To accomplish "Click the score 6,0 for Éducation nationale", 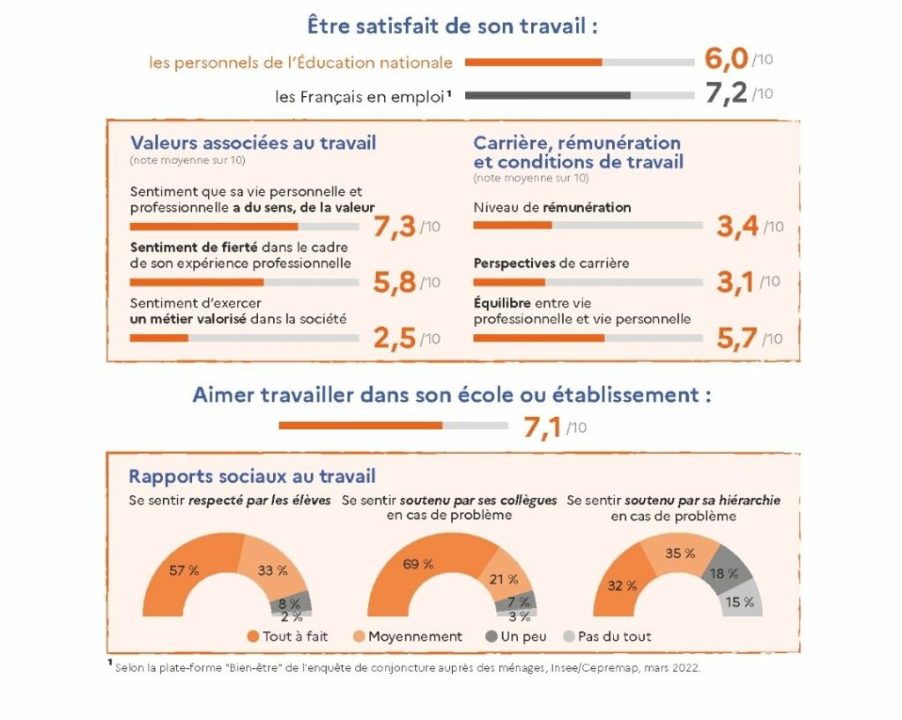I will point(727,59).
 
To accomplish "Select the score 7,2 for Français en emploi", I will point(727,93).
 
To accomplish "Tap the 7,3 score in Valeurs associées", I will point(394,226).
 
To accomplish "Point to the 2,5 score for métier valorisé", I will point(394,339).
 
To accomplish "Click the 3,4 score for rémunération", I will point(737,226).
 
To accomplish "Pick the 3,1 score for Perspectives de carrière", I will point(737,282).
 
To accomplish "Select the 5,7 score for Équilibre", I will point(737,339).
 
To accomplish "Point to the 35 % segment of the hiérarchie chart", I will point(680,554).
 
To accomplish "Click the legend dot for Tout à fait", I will point(254,636).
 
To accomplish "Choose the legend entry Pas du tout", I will point(614,636).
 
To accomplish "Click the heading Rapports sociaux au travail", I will point(252,477).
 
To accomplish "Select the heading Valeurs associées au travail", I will point(253,143).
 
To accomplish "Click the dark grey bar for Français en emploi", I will point(547,95).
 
